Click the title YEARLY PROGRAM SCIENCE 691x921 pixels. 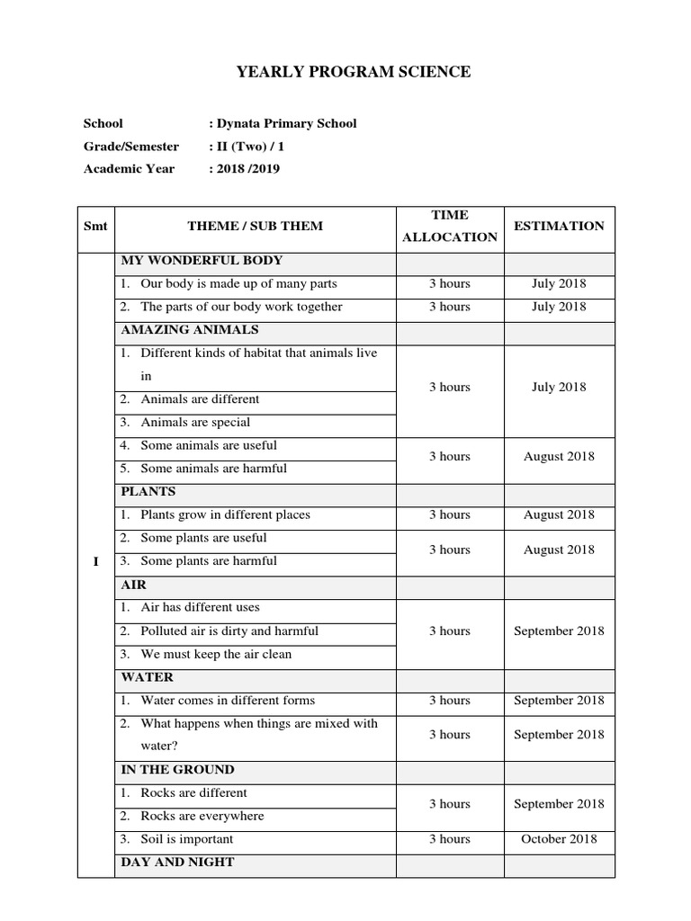pos(353,72)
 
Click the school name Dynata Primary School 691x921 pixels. pos(286,123)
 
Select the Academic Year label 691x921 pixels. pos(129,168)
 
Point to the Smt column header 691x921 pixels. pos(95,226)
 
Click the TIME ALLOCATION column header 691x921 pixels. pos(450,226)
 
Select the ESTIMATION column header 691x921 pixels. pos(559,226)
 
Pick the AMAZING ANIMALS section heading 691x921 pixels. pos(190,329)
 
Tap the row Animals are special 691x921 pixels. pos(195,422)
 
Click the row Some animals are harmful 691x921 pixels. pos(213,468)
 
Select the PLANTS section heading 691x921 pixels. pos(148,491)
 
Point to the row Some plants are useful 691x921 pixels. pos(203,538)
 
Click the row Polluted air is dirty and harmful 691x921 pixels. pos(229,630)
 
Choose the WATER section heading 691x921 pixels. pos(148,676)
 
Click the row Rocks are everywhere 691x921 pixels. pos(202,816)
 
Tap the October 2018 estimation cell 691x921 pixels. pos(559,839)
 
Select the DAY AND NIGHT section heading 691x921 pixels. pos(177,862)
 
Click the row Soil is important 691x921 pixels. pos(186,839)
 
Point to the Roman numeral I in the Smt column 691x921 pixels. pos(95,561)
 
